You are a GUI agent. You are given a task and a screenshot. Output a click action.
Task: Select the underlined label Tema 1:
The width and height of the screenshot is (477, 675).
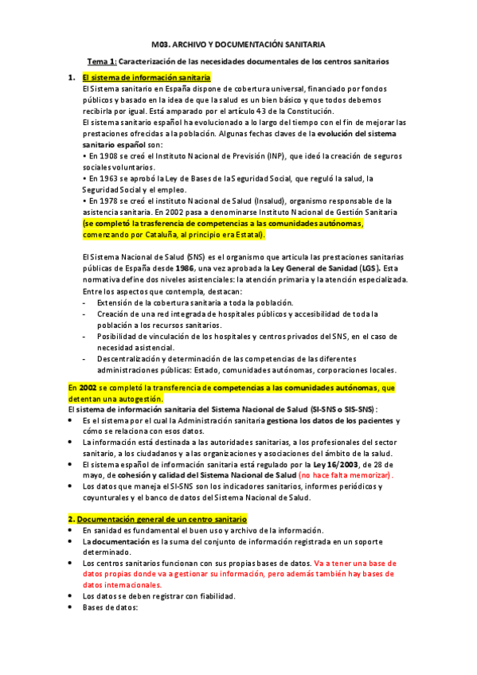click(x=102, y=60)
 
